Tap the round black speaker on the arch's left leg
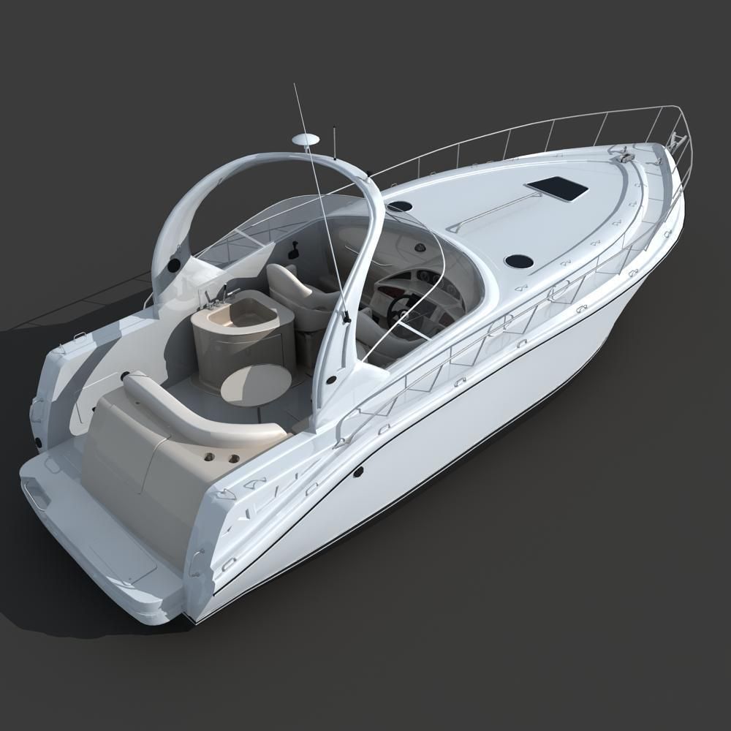click(174, 265)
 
